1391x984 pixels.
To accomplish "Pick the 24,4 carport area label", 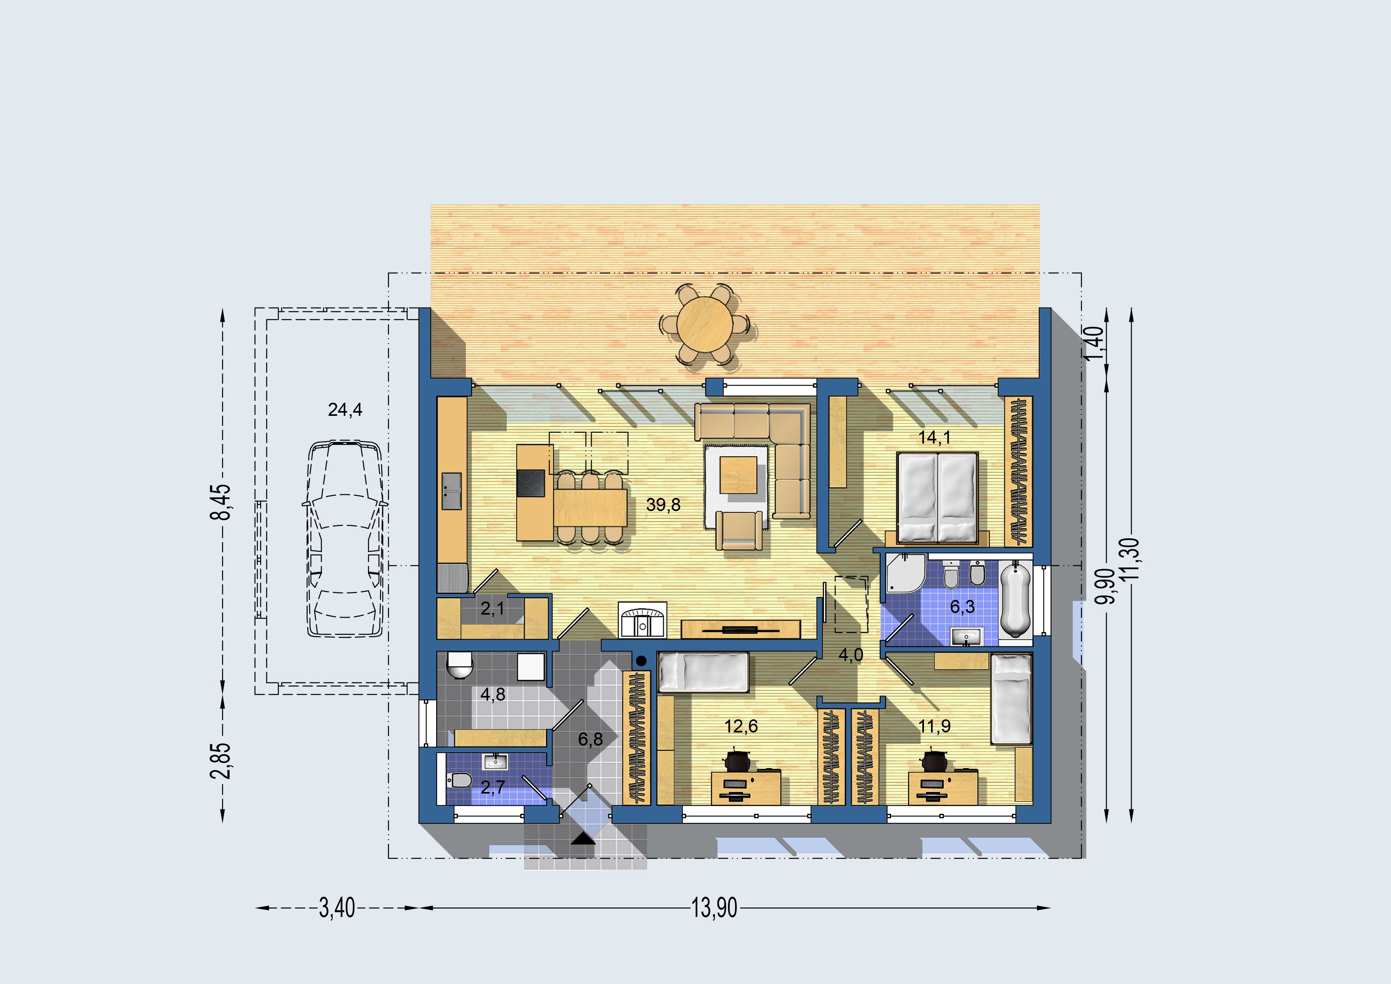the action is click(x=345, y=410).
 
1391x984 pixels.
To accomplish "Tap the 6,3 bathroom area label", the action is click(x=963, y=607).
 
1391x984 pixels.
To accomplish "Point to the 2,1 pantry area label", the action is click(x=492, y=609).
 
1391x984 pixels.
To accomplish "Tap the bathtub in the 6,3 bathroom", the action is click(x=1015, y=598).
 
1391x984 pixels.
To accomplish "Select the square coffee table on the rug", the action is click(x=738, y=475).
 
